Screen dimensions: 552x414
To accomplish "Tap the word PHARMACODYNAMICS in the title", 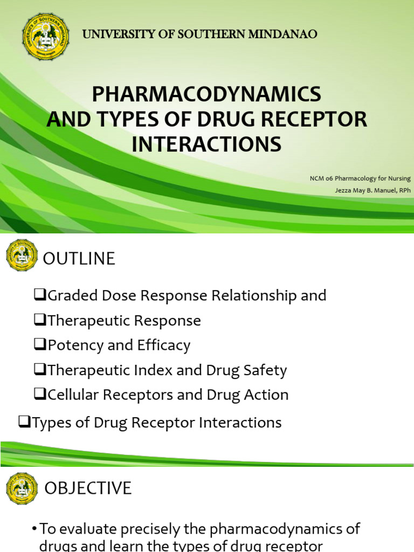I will click(206, 94).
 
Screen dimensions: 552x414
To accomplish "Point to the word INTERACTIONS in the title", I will click(206, 144).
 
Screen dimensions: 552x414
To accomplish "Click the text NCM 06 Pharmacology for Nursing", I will click(360, 178).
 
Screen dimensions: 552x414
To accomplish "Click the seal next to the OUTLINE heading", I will click(22, 255).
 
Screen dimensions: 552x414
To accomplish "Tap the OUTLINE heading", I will click(79, 259).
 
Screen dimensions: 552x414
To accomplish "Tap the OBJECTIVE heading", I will click(88, 488).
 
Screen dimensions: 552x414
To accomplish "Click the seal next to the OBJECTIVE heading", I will click(22, 488).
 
